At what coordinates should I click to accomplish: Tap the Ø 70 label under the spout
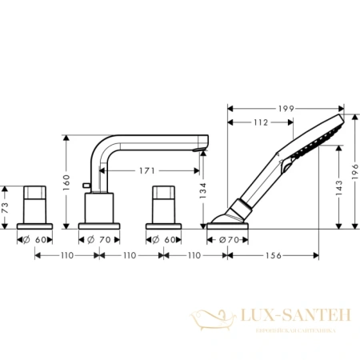click(100, 238)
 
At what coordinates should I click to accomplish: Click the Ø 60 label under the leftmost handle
click(35, 238)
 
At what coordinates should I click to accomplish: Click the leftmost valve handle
click(35, 204)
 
